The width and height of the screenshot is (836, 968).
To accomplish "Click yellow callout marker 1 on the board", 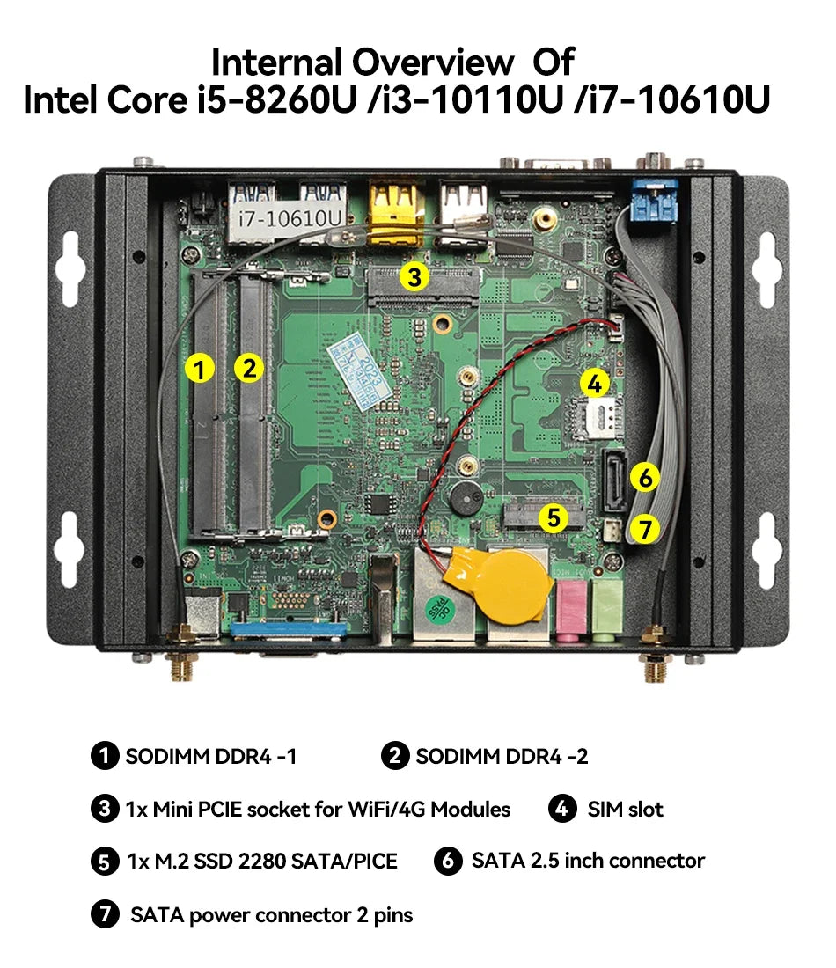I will (201, 370).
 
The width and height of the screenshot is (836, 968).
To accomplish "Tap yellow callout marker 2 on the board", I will (249, 368).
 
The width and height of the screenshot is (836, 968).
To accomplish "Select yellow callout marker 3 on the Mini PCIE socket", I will (414, 277).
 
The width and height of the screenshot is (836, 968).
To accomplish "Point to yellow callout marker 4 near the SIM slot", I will (595, 384).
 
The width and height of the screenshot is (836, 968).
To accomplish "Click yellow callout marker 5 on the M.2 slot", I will (553, 517).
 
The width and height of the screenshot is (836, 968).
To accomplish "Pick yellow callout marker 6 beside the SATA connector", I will (645, 479).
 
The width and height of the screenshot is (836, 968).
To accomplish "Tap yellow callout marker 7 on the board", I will (645, 529).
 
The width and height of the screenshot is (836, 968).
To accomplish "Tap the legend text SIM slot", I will (625, 809).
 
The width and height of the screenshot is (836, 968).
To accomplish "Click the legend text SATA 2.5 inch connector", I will (588, 861).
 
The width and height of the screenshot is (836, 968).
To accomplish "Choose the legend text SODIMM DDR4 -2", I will (502, 756).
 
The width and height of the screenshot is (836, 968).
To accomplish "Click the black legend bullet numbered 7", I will (105, 915).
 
